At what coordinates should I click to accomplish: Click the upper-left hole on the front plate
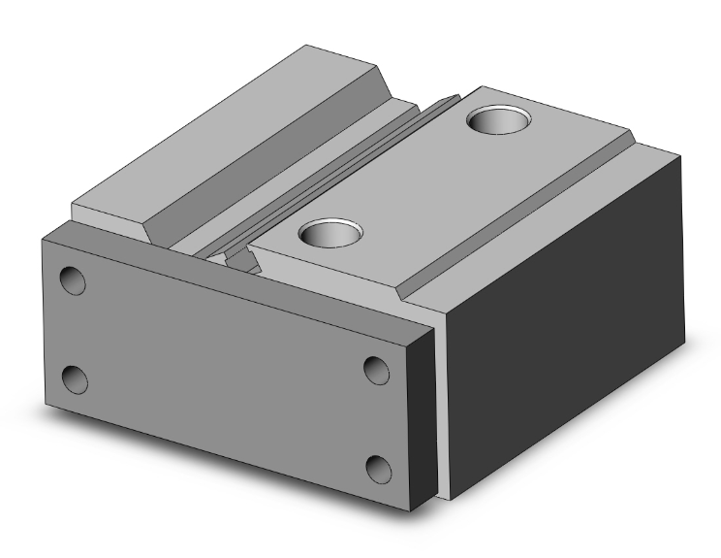tap(73, 280)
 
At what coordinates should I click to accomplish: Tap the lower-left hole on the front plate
tap(74, 379)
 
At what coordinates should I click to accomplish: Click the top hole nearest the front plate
tap(330, 233)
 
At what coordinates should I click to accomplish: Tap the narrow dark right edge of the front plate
tap(420, 417)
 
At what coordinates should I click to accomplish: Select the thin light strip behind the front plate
tap(442, 408)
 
